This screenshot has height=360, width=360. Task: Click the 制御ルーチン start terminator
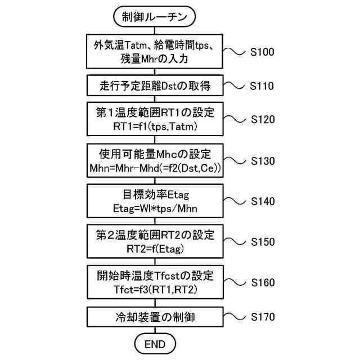point(155,17)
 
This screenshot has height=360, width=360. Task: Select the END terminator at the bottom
point(155,343)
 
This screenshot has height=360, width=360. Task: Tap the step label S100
point(263,52)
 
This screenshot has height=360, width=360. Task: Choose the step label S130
point(263,161)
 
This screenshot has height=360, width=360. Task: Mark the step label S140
point(263,201)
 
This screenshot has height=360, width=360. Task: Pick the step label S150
point(263,242)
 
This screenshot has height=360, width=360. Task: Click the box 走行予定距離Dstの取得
point(155,86)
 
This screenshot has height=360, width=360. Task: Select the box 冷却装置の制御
point(155,317)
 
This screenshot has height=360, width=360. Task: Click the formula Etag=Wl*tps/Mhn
point(155,208)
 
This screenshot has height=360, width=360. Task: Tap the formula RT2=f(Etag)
point(155,248)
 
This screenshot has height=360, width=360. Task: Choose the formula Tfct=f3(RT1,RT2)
point(155,289)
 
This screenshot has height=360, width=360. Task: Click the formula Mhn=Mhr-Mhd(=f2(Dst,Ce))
point(155,168)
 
